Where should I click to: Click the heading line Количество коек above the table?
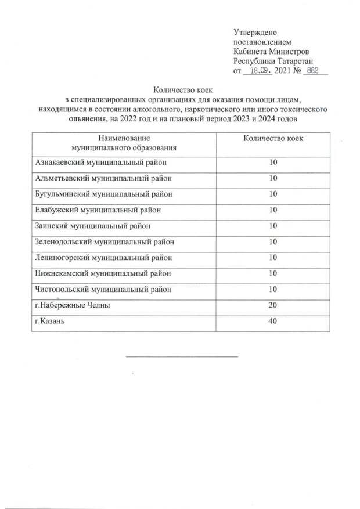click(180, 90)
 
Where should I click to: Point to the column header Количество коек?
click(272, 139)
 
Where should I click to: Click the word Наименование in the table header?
click(124, 139)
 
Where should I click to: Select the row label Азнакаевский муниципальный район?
click(103, 163)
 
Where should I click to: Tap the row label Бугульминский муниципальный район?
click(104, 194)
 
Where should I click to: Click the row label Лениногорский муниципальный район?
click(104, 257)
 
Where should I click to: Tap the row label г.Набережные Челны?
click(73, 305)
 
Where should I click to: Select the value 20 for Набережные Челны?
click(273, 305)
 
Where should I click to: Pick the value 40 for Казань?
click(273, 321)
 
